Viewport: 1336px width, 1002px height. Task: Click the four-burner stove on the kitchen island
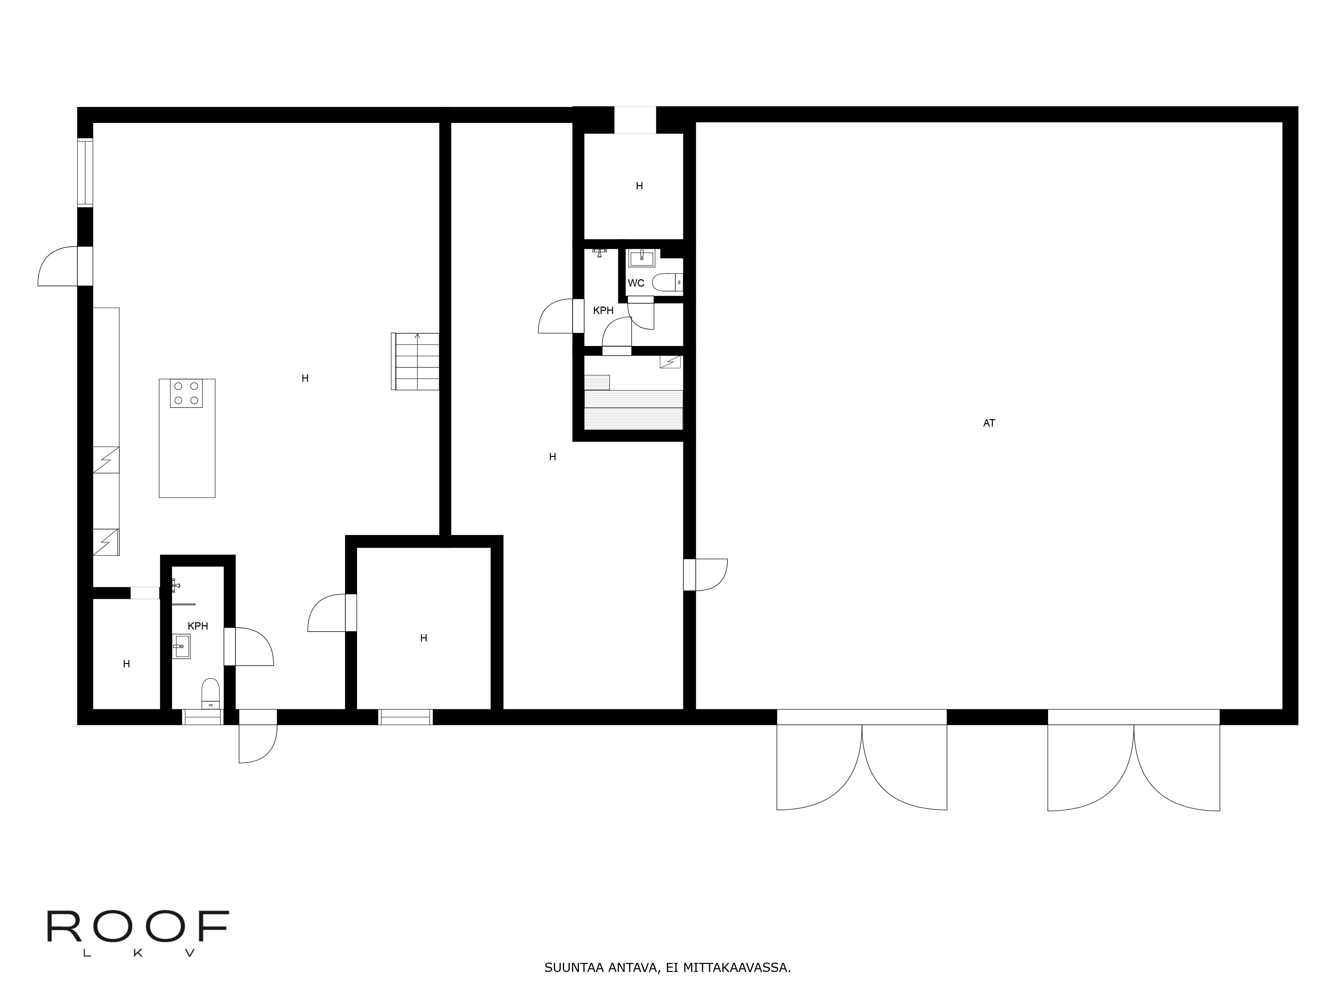tap(186, 393)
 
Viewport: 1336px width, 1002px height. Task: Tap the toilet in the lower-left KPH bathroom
tap(210, 693)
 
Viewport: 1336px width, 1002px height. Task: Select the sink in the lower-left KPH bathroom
tap(181, 646)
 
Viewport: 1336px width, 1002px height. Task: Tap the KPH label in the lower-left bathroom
tap(198, 626)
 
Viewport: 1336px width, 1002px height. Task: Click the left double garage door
tap(862, 761)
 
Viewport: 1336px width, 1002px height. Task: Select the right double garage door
tap(1134, 761)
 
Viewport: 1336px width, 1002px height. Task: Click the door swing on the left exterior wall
tap(58, 266)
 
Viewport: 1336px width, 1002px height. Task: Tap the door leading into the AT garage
tap(705, 575)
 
